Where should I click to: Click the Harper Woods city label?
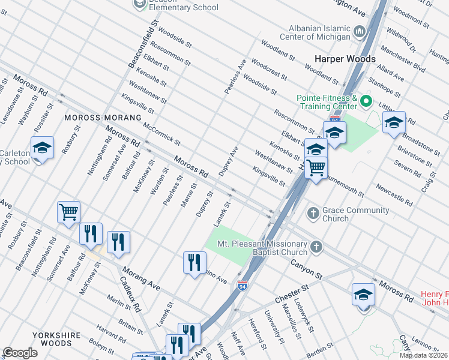coord(345,59)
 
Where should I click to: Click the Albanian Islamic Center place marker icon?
coord(360,30)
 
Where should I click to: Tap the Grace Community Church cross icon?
coord(313,213)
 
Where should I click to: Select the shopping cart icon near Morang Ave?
coord(68,212)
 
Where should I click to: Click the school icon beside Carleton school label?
coord(42,148)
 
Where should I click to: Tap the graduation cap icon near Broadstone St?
coord(394,122)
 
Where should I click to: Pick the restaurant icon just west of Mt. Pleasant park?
coord(194,262)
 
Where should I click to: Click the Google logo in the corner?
coord(20,353)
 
